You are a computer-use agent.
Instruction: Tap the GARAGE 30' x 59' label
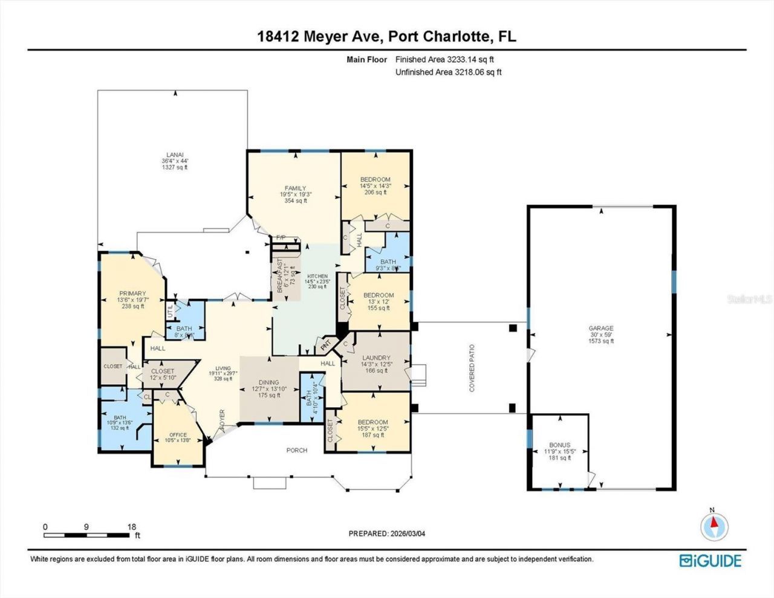pos(601,335)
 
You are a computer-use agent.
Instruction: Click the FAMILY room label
pos(296,194)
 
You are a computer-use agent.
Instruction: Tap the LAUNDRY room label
pos(376,364)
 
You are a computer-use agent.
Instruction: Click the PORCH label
pos(297,450)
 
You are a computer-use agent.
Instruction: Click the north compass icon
pos(714,526)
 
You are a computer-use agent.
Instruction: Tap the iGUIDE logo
pos(711,561)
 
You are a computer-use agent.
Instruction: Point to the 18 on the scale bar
pos(132,527)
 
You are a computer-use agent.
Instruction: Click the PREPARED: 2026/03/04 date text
pos(391,533)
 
